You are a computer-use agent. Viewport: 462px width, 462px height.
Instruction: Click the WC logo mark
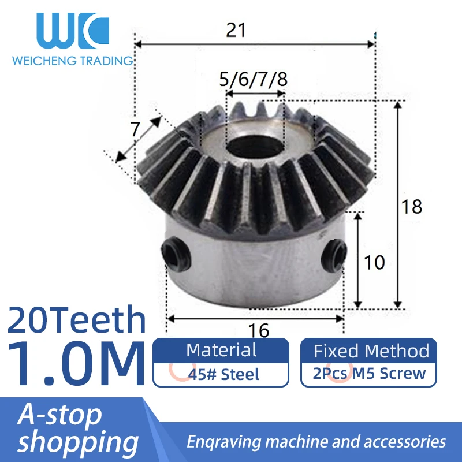(x=72, y=32)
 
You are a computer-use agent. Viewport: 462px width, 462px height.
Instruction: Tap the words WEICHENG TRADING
(x=73, y=61)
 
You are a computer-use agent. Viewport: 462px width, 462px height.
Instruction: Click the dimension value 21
(x=236, y=30)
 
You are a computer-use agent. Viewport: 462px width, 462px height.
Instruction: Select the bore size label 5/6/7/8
(x=253, y=79)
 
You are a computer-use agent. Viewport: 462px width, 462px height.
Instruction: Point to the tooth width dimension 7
(x=135, y=129)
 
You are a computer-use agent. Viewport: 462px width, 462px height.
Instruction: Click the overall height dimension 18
(x=412, y=206)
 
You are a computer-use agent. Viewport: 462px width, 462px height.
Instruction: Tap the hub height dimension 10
(x=375, y=262)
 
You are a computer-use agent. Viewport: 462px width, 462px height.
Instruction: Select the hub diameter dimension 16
(x=260, y=330)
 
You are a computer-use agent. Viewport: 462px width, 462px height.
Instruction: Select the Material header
(x=221, y=350)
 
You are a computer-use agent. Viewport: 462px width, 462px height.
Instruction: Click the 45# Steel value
(x=223, y=374)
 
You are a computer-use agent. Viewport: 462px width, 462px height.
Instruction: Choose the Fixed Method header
(x=371, y=351)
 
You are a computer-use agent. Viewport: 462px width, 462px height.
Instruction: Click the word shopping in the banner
(x=78, y=442)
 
